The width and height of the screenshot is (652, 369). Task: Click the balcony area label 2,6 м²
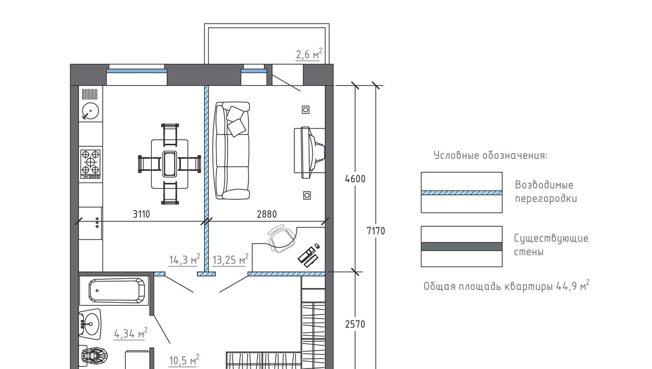(309, 55)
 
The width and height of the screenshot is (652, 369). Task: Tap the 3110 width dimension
(142, 215)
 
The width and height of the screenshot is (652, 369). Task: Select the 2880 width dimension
(267, 215)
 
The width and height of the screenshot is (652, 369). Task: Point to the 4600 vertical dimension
(355, 179)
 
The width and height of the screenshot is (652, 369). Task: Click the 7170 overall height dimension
(376, 231)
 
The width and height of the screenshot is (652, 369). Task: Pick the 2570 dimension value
(355, 324)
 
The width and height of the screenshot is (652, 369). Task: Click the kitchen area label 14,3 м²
(184, 259)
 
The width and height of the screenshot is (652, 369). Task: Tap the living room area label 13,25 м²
(230, 259)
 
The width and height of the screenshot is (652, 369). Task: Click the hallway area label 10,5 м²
(184, 360)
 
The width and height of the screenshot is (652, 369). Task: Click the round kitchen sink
(91, 111)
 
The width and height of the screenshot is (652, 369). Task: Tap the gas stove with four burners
(91, 164)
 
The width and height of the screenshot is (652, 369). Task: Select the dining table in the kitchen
(170, 164)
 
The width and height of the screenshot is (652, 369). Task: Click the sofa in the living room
(232, 150)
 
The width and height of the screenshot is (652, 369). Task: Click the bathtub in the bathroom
(117, 291)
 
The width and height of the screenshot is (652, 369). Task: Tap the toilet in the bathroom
(94, 356)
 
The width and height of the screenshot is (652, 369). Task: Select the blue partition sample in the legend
(461, 193)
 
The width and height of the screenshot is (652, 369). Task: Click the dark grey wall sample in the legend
(461, 247)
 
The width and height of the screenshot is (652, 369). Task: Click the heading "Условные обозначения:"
(491, 155)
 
